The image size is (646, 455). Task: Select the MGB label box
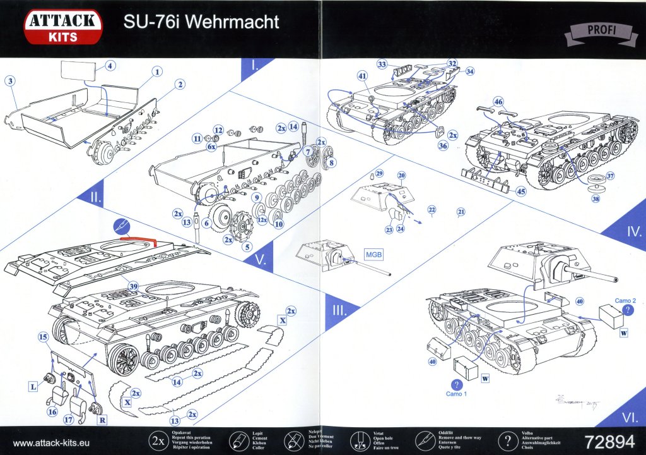(372, 254)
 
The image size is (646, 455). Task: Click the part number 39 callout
(133, 286)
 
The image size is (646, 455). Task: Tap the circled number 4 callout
(110, 66)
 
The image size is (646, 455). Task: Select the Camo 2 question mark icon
(627, 310)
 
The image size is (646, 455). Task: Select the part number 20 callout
(401, 175)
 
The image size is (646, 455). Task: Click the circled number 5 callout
(247, 246)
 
